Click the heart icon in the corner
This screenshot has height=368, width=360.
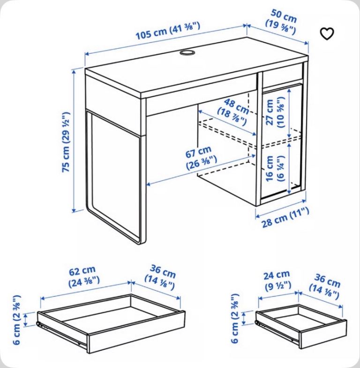[327, 34]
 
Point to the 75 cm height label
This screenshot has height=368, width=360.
[66, 142]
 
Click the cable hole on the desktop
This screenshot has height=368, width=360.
[187, 53]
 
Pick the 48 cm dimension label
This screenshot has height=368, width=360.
[233, 112]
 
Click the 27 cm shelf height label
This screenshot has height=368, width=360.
[275, 112]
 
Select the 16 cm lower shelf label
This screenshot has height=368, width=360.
[275, 168]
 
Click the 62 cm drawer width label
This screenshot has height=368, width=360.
[83, 277]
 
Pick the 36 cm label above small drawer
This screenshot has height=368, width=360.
[325, 286]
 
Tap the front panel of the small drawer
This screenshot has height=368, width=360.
[323, 334]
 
